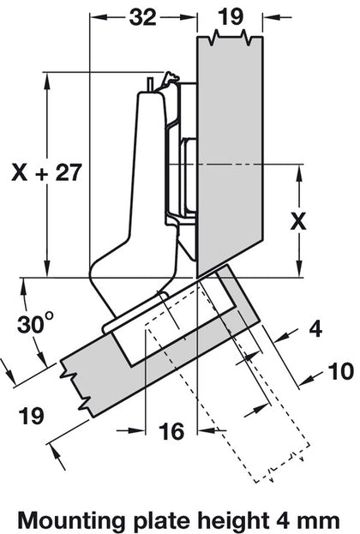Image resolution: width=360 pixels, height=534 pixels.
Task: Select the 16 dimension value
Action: (x=171, y=433)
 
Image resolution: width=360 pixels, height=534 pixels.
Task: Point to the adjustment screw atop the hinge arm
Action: (x=153, y=83)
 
